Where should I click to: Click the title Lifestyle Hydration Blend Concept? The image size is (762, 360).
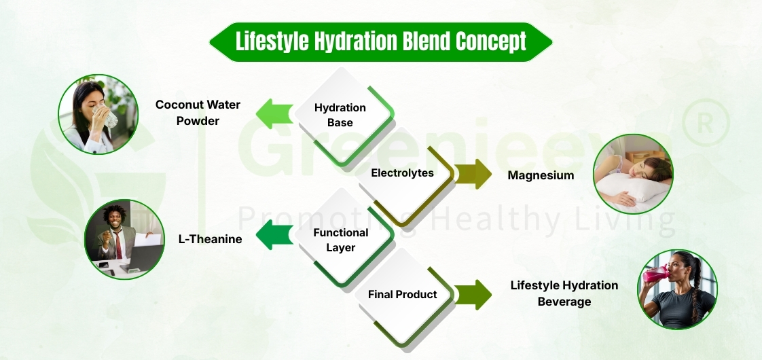tap(380, 41)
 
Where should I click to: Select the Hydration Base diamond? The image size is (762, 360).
tap(340, 115)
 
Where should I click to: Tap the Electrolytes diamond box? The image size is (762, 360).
tap(402, 173)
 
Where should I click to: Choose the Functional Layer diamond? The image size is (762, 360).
tap(340, 240)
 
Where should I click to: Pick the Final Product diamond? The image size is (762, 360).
tap(402, 295)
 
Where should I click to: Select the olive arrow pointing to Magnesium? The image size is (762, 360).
tap(474, 175)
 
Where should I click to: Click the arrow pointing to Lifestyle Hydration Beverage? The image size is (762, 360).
tap(474, 294)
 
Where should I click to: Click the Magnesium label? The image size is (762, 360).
tap(541, 175)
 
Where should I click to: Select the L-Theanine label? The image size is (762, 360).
tap(210, 238)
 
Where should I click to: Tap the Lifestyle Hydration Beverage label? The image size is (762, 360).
tap(564, 293)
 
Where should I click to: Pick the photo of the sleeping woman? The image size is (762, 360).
tap(633, 174)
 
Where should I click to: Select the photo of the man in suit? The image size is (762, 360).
tap(124, 239)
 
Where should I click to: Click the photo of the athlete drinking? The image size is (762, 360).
tap(677, 290)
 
